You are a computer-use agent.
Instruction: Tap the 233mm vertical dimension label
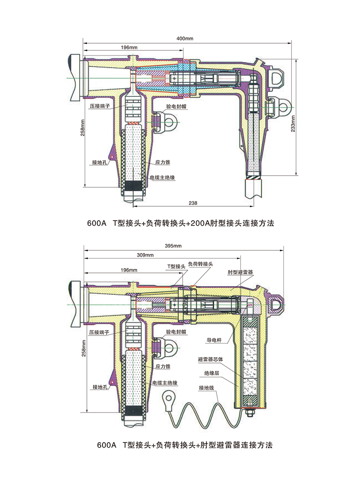(x=294, y=122)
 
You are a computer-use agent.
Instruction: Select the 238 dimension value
(x=194, y=203)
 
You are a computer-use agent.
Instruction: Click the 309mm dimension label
(x=145, y=255)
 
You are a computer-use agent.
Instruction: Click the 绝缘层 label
(x=211, y=373)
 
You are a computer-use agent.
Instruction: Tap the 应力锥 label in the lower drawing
(x=162, y=366)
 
